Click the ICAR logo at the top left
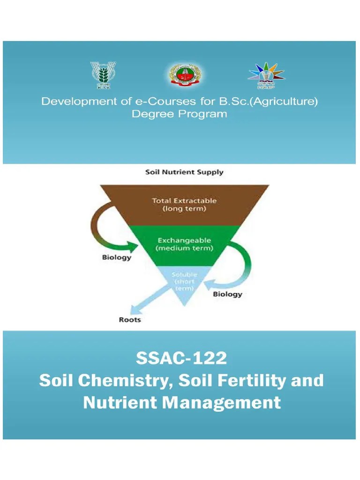click(x=103, y=75)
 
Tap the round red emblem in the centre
click(x=182, y=75)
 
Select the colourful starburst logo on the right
click(x=266, y=75)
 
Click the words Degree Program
click(x=180, y=114)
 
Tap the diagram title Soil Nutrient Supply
click(x=184, y=172)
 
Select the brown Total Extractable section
click(x=184, y=204)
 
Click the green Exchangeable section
click(x=184, y=244)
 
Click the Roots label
click(x=130, y=320)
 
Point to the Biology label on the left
click(x=117, y=257)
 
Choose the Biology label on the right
click(x=228, y=294)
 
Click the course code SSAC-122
click(x=181, y=359)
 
